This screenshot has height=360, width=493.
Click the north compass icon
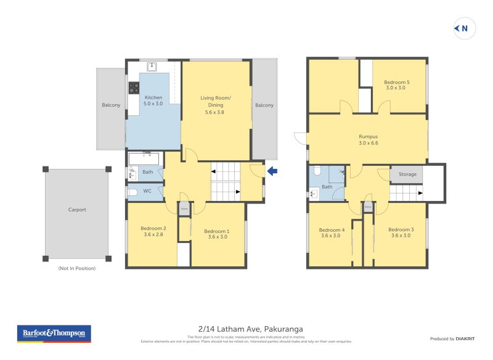pyautogui.click(x=463, y=28)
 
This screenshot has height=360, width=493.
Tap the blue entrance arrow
pyautogui.click(x=272, y=171)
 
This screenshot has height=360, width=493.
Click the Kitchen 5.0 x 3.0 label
pyautogui.click(x=153, y=101)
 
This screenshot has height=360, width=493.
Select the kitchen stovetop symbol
pyautogui.click(x=134, y=88)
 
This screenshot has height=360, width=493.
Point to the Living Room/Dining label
pyautogui.click(x=215, y=101)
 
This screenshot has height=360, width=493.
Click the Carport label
pyautogui.click(x=77, y=210)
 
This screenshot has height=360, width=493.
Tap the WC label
pyautogui.click(x=147, y=191)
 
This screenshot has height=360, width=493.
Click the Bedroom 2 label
pyautogui.click(x=152, y=232)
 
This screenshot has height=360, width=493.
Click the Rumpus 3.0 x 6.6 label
pyautogui.click(x=368, y=140)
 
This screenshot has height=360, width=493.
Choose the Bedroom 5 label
pyautogui.click(x=397, y=85)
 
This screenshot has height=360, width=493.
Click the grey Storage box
pyautogui.click(x=407, y=174)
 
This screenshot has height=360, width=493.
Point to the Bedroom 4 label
pyautogui.click(x=332, y=232)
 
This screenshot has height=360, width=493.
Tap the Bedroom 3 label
pyautogui.click(x=401, y=232)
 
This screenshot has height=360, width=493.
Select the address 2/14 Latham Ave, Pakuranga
pyautogui.click(x=246, y=329)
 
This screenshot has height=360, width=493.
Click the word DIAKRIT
pyautogui.click(x=464, y=339)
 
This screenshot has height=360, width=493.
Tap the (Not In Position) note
pyautogui.click(x=77, y=268)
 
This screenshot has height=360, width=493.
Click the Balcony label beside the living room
pyautogui.click(x=264, y=105)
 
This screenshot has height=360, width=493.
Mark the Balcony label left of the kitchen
pyautogui.click(x=111, y=105)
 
